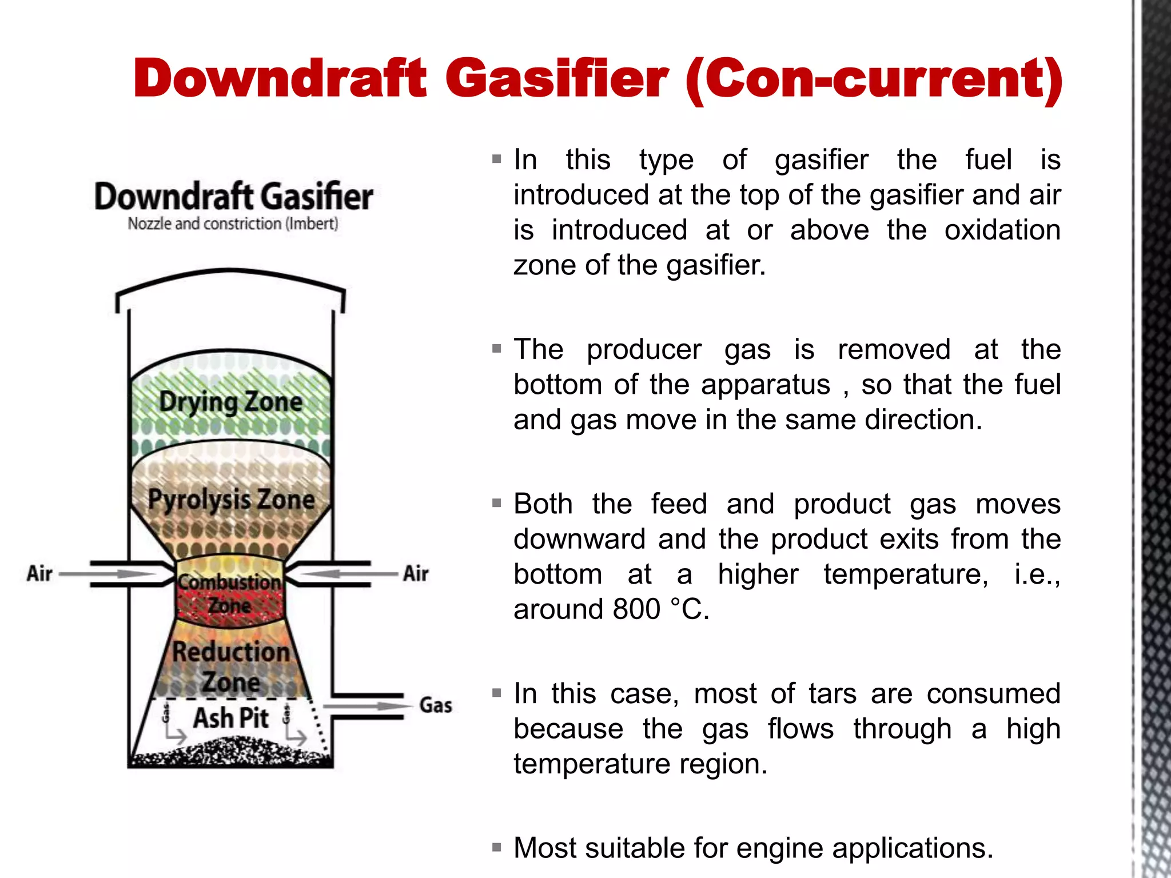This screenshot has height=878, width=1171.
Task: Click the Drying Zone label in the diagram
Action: click(x=230, y=401)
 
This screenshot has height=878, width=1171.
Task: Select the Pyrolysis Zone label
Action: click(x=231, y=500)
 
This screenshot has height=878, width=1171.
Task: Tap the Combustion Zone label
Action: click(x=229, y=593)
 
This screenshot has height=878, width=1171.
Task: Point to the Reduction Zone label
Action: click(x=231, y=667)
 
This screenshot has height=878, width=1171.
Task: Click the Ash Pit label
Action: click(x=231, y=718)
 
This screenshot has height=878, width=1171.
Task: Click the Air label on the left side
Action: click(x=39, y=573)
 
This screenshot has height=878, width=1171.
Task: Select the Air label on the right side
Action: click(x=416, y=573)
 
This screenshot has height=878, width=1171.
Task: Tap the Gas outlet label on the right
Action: click(x=436, y=705)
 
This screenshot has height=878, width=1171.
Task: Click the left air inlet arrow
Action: click(x=109, y=573)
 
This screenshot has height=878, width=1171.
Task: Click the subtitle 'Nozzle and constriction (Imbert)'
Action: click(x=233, y=224)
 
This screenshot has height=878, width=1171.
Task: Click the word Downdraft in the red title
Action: click(x=280, y=78)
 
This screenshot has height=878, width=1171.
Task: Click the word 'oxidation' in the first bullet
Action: click(x=1002, y=230)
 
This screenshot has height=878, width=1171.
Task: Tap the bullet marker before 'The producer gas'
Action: click(x=496, y=348)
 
